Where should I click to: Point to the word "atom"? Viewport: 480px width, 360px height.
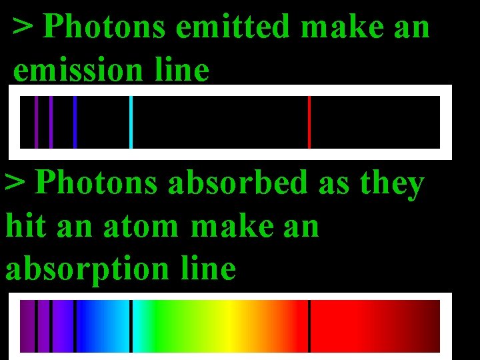coord(141,227)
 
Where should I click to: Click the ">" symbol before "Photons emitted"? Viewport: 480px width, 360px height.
coord(24,28)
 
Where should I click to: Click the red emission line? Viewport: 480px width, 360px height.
coord(309,122)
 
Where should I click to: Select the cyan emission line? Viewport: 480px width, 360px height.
coord(131,122)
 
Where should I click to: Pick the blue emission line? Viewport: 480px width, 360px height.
coord(75,122)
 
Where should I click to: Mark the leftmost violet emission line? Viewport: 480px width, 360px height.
coord(36,122)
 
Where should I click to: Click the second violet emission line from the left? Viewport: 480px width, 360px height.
coord(51,122)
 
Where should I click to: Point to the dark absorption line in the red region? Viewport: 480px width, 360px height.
coord(309,326)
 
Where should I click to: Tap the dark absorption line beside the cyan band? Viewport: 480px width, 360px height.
coord(131,326)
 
